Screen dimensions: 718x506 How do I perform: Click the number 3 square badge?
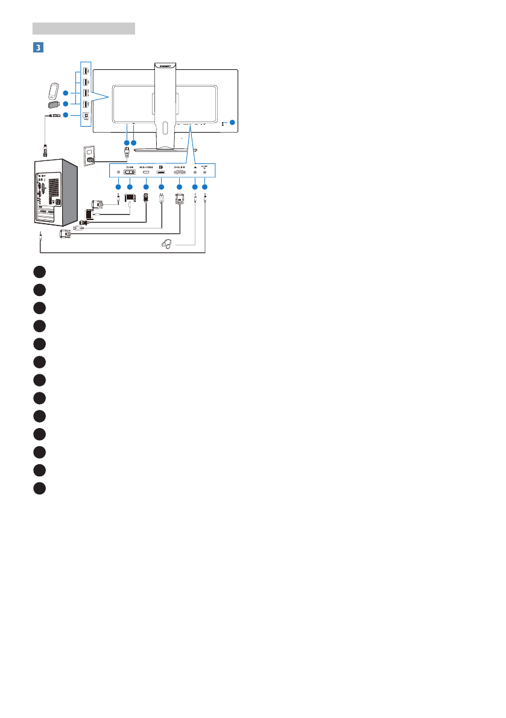coord(37,46)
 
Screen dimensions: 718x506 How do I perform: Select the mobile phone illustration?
coord(53,91)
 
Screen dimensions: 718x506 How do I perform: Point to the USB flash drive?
coord(54,104)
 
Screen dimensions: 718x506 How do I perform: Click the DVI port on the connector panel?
coord(130,173)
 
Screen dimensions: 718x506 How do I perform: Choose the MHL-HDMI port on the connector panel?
coord(146,173)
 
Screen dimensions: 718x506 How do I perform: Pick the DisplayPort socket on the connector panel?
coord(161,173)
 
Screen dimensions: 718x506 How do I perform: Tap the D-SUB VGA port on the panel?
coord(179,173)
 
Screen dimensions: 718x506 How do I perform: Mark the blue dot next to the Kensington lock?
coord(233,124)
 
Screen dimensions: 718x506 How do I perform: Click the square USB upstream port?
coord(86,115)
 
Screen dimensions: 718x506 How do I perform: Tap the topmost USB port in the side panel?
coord(86,71)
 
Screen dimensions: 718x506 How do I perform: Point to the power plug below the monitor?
coord(127,153)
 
